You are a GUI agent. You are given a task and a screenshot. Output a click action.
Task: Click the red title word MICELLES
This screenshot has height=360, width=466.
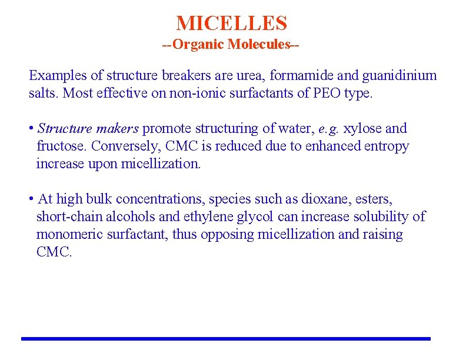pos(232,24)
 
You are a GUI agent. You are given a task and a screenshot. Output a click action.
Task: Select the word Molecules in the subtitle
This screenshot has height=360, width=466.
pos(259,45)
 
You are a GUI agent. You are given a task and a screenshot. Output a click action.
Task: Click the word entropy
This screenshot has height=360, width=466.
pos(387,146)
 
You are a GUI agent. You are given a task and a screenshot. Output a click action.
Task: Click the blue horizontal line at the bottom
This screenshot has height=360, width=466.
pos(226,339)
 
